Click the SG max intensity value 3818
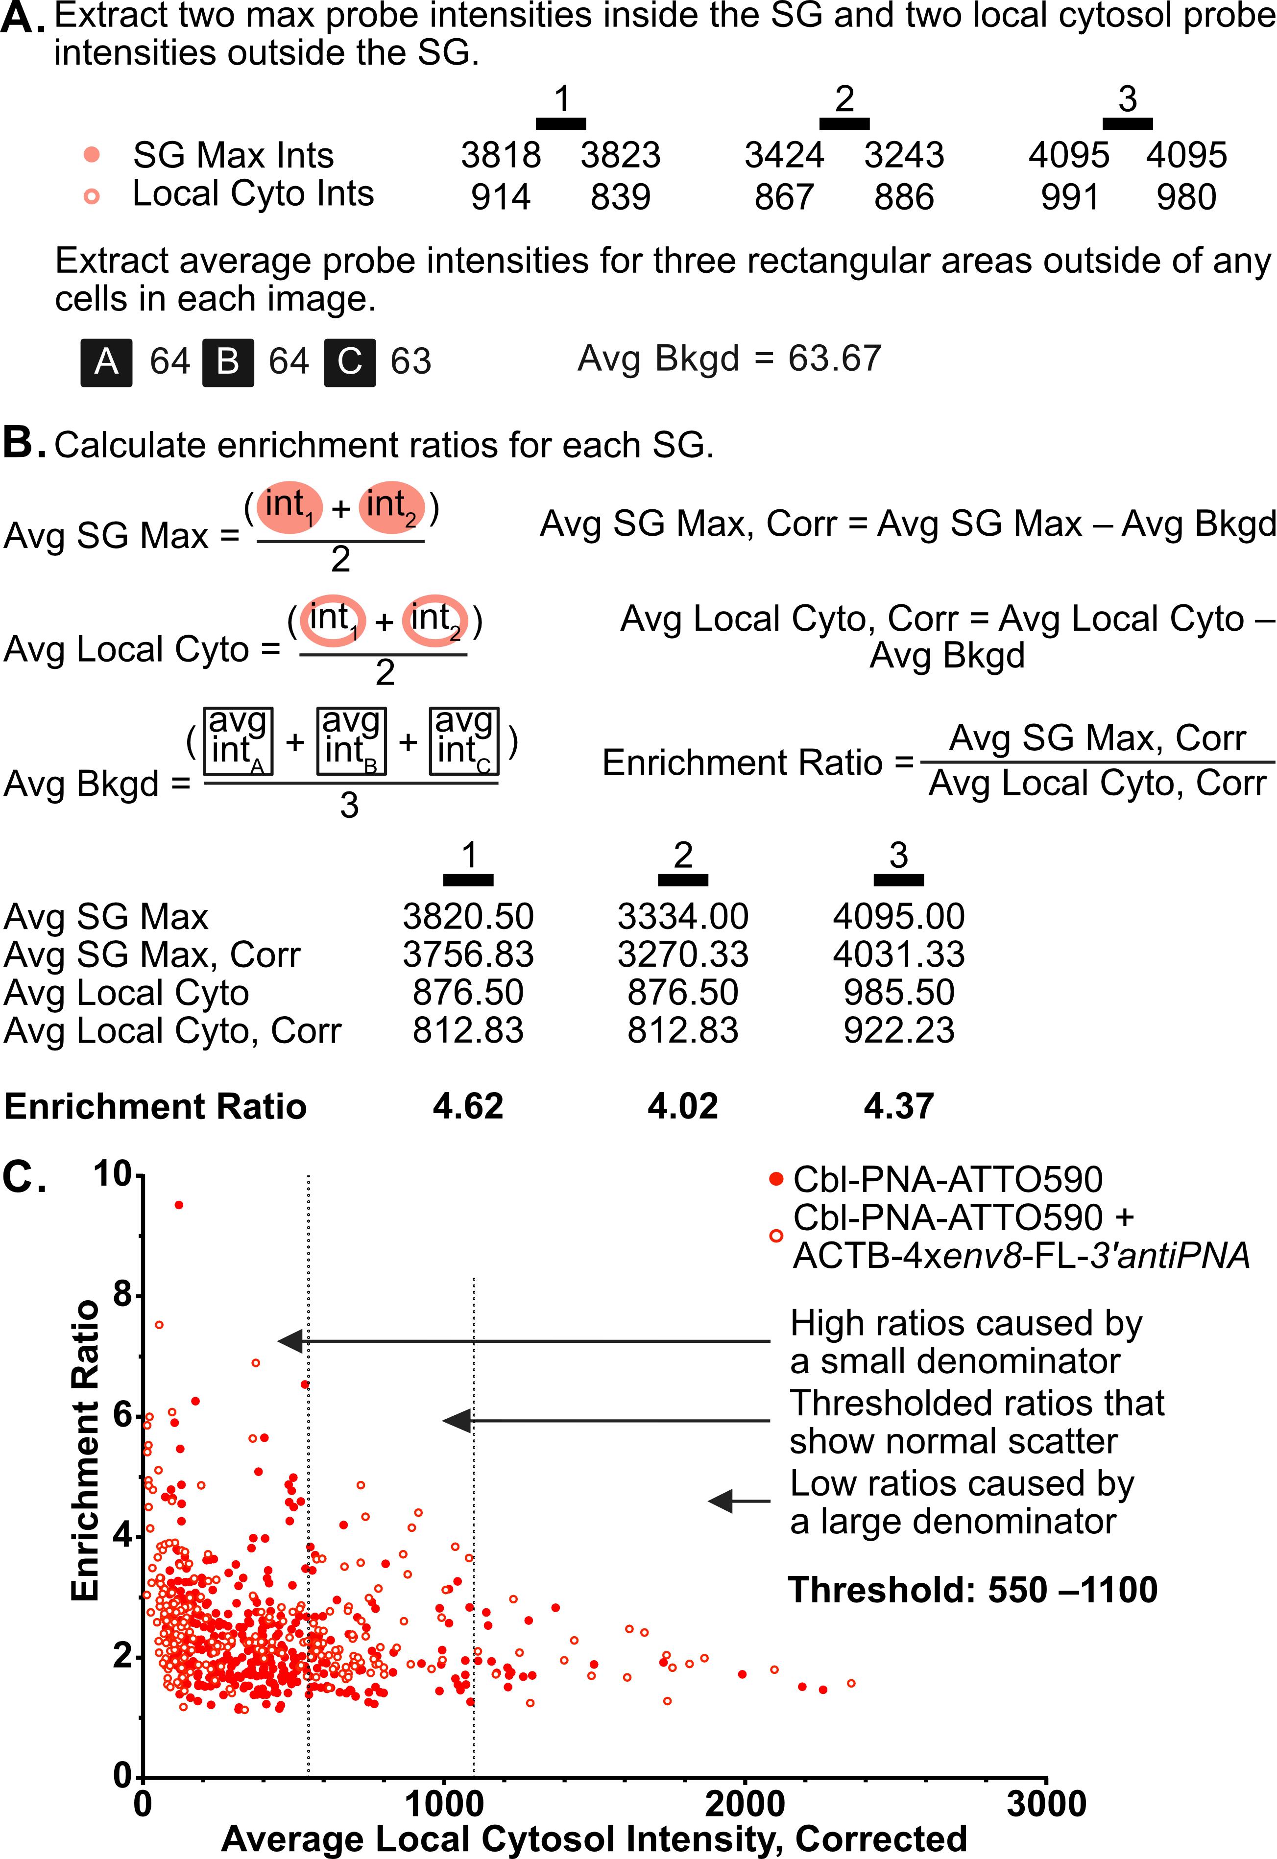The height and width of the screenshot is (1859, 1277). (x=501, y=155)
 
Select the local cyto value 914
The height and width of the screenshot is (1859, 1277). (x=501, y=197)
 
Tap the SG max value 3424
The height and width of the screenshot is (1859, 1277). (x=784, y=155)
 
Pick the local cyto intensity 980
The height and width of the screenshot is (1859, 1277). (x=1186, y=197)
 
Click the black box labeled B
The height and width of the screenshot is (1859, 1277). (x=228, y=362)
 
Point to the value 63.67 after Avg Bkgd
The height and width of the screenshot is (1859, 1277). (x=835, y=358)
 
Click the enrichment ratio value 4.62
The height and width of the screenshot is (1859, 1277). (x=468, y=1106)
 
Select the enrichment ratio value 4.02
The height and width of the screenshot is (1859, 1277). (x=682, y=1106)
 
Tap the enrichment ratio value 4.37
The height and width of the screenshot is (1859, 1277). (x=898, y=1106)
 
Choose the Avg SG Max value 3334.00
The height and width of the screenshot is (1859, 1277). (x=682, y=917)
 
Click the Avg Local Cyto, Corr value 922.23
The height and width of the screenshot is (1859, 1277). (x=898, y=1030)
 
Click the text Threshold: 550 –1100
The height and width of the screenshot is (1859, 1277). (x=972, y=1590)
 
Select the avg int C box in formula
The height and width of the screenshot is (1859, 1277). (x=464, y=741)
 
